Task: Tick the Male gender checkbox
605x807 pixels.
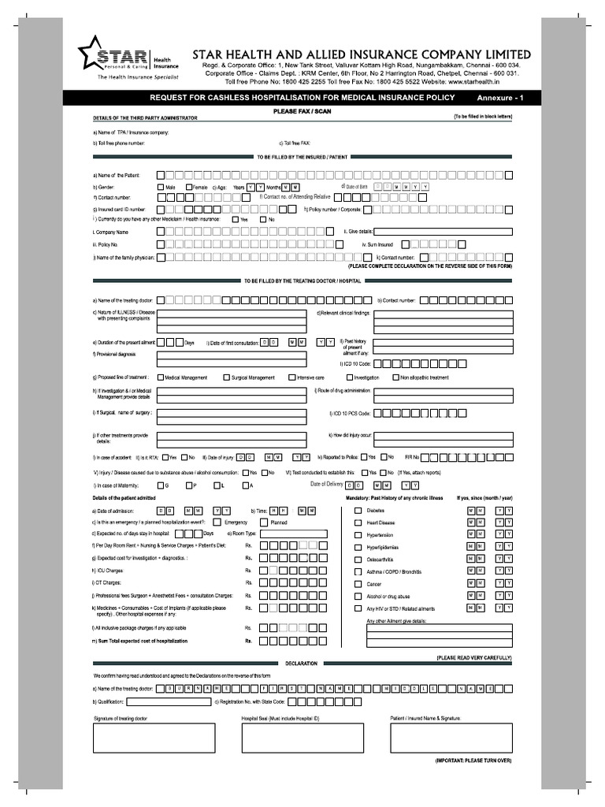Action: pos(161,187)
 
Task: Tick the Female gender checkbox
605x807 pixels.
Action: pos(189,187)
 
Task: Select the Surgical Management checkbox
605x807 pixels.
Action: pos(227,377)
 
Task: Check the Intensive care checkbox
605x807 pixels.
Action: pos(291,377)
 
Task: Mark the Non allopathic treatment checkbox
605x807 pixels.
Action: pos(395,377)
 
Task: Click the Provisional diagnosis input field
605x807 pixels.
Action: pos(232,359)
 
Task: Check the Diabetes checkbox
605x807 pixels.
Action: pos(358,511)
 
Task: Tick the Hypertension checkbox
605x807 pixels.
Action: pos(358,534)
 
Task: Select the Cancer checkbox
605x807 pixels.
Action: pos(358,584)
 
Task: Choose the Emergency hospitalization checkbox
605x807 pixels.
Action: pos(218,523)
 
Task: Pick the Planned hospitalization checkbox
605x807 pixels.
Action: pos(264,523)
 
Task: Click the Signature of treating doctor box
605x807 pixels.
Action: pos(154,738)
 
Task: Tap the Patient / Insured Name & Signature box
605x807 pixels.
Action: pos(451,738)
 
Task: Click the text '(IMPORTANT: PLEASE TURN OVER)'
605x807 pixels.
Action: pos(473,761)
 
